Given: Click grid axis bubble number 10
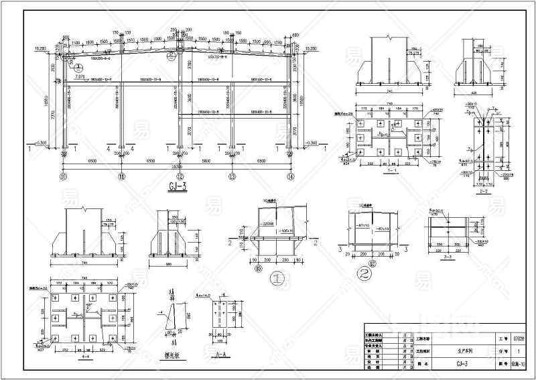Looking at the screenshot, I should pos(64,177).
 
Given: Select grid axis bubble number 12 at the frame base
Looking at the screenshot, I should pos(180,177).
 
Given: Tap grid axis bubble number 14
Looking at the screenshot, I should pos(290,177).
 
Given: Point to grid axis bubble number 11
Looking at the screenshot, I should pos(121,177).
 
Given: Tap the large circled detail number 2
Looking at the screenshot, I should pos(364,273).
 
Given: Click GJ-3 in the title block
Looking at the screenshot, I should pos(462,365).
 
